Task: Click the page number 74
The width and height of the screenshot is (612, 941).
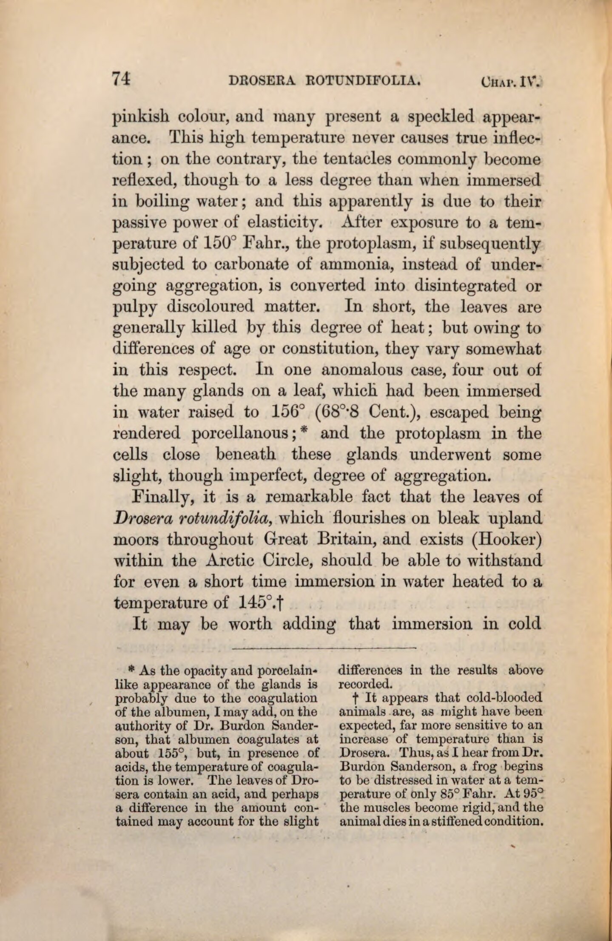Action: coord(122,80)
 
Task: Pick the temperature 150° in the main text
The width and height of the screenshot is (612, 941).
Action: coord(220,244)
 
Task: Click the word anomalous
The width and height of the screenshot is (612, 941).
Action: coord(357,370)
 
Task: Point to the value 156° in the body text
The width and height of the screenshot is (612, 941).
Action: coord(287,412)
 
